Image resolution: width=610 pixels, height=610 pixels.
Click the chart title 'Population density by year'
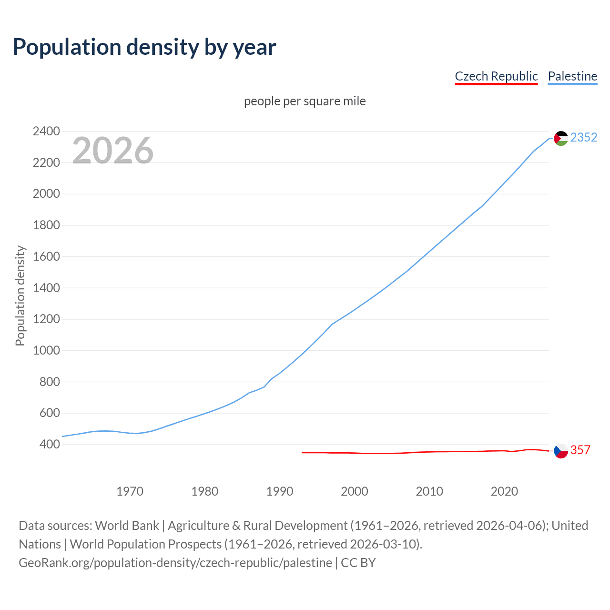click(x=144, y=47)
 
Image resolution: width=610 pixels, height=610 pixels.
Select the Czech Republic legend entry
click(x=496, y=76)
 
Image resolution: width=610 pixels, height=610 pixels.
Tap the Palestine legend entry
click(x=572, y=76)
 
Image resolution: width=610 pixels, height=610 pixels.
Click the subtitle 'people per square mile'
click(x=305, y=102)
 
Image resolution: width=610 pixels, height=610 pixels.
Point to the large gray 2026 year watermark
click(x=113, y=151)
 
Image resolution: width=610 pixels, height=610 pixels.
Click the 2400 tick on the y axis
click(x=46, y=132)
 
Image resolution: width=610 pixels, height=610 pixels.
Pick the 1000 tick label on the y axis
click(x=46, y=350)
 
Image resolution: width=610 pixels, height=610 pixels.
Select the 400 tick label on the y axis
click(x=50, y=444)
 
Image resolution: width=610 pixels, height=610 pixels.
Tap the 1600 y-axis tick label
click(x=46, y=256)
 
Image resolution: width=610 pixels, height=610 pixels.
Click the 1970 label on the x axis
click(x=130, y=491)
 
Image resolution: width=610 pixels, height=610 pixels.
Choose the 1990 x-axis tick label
click(x=280, y=491)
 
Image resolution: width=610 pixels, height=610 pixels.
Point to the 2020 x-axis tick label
click(x=504, y=491)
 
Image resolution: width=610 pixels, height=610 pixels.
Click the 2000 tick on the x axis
click(x=355, y=491)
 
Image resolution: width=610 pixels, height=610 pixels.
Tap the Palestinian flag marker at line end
click(x=561, y=138)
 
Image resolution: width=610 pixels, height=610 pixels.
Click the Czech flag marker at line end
click(x=561, y=450)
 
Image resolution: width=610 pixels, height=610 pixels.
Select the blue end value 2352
click(x=583, y=138)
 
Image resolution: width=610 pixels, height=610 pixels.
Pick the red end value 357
click(x=580, y=450)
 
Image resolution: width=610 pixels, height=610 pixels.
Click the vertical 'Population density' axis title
click(x=20, y=295)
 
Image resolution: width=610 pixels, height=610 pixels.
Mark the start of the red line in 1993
click(x=303, y=452)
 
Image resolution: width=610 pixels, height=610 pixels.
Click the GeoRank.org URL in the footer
click(x=175, y=563)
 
